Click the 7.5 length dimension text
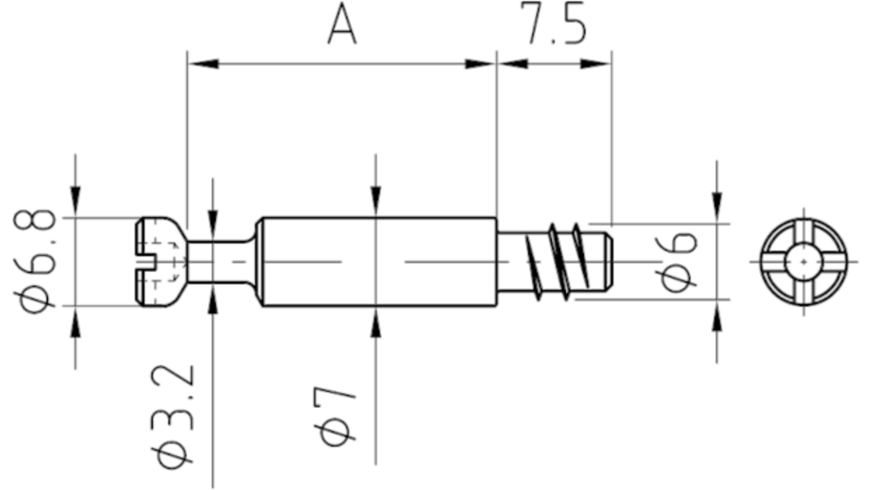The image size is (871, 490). (553, 23)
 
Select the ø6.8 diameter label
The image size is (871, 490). (35, 261)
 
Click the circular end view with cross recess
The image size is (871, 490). (804, 262)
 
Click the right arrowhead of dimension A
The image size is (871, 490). (480, 64)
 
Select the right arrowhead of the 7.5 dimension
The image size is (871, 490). (596, 64)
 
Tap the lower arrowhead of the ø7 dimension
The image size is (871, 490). (376, 322)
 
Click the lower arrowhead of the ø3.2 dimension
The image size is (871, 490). (213, 299)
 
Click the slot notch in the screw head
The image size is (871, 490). (146, 262)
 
